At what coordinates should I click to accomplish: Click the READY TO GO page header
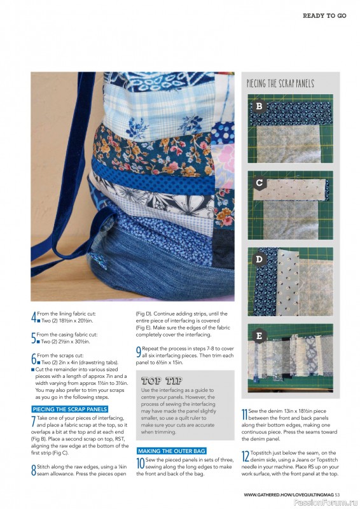324,15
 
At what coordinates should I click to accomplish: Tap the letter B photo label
260,106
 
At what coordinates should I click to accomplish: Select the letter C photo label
260,183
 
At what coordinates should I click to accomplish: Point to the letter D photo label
260,260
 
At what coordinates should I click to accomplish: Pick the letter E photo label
260,335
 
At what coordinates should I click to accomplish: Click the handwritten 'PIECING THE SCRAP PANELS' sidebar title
280,84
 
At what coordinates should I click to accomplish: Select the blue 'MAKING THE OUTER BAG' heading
171,450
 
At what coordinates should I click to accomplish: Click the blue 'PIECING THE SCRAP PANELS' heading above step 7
69,408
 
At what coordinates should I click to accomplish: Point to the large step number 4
34,316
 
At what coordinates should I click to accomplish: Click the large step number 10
140,463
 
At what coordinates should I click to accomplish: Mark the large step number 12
245,456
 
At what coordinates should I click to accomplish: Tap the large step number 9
139,351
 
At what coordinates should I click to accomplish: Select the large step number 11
245,415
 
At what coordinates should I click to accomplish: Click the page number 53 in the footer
337,494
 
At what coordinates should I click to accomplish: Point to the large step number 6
34,358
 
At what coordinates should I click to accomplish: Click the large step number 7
33,421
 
